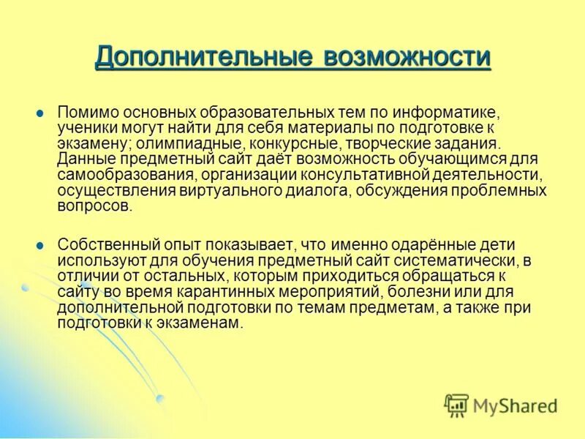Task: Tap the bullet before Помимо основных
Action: pyautogui.click(x=40, y=113)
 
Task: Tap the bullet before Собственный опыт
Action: pyautogui.click(x=40, y=245)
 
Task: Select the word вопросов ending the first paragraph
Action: pyautogui.click(x=95, y=206)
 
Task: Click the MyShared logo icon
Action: pyautogui.click(x=456, y=404)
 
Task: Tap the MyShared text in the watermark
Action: pyautogui.click(x=514, y=405)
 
